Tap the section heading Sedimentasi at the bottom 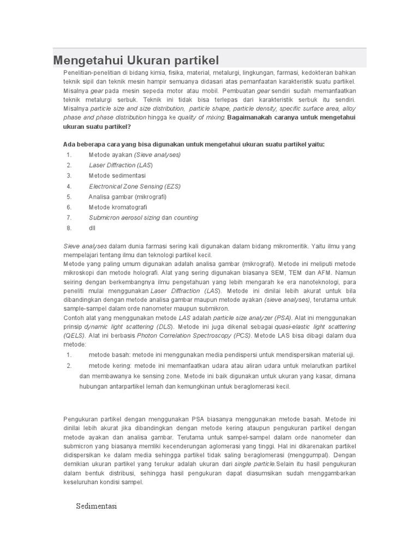(97, 506)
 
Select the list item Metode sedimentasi (117, 176)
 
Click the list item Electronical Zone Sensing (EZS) (135, 186)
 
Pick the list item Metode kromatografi (118, 207)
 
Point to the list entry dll (92, 228)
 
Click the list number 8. (69, 228)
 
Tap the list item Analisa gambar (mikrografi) (128, 197)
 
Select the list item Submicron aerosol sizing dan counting (143, 218)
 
